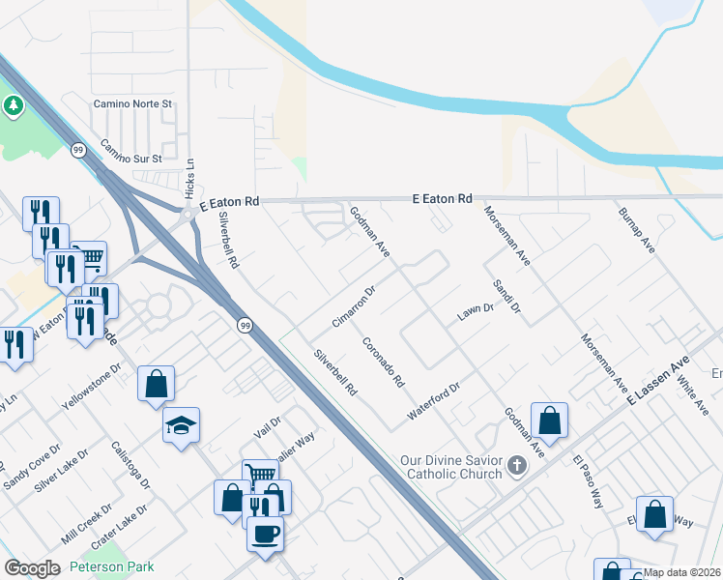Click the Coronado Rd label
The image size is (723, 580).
pyautogui.click(x=383, y=362)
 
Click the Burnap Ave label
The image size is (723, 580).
pyautogui.click(x=637, y=230)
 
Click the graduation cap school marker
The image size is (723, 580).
pyautogui.click(x=181, y=424)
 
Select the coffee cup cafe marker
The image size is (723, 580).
pyautogui.click(x=265, y=533)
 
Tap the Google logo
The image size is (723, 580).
pyautogui.click(x=32, y=568)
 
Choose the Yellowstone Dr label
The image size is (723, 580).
pyautogui.click(x=92, y=383)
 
